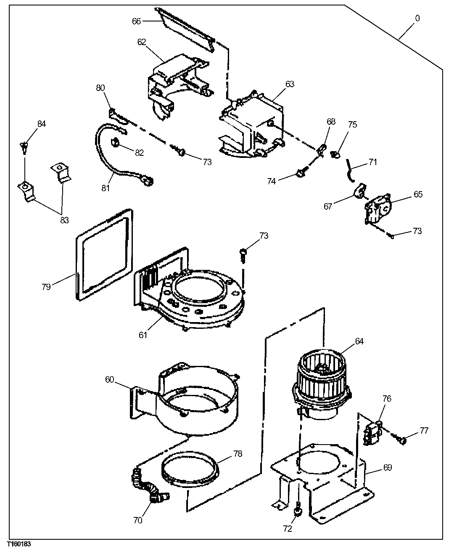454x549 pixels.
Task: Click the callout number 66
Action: coord(137,21)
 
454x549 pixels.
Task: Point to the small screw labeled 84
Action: coord(24,147)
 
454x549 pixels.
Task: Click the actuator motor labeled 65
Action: coord(378,209)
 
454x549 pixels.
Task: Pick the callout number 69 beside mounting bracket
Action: coord(387,467)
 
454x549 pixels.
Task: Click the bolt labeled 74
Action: coord(301,173)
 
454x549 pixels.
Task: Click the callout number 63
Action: coord(290,84)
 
